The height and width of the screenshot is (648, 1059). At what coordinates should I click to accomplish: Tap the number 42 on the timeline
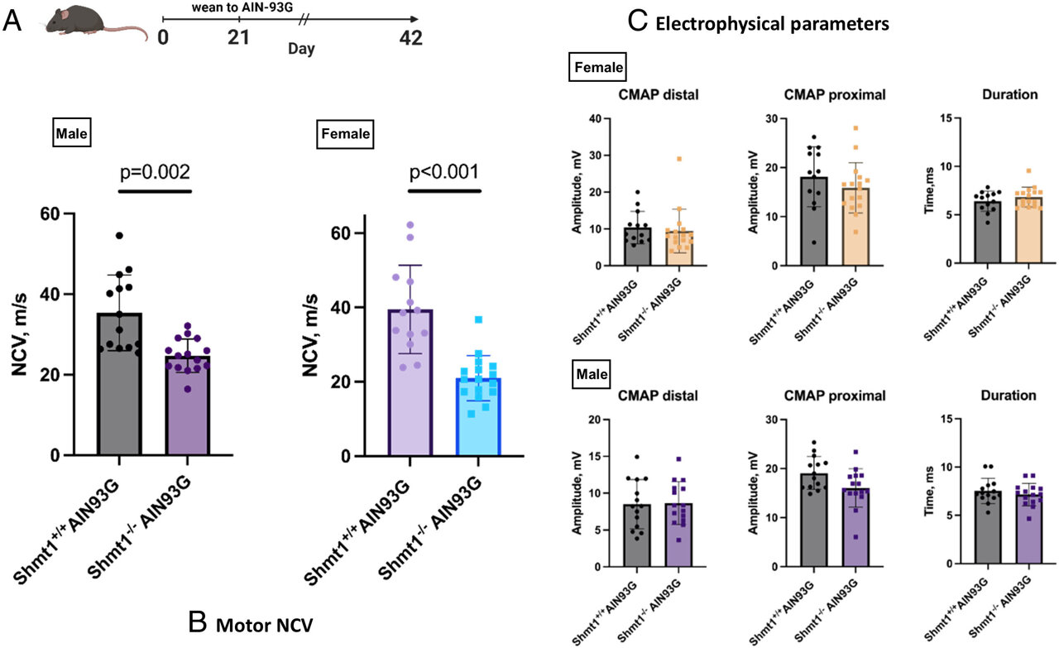point(410,38)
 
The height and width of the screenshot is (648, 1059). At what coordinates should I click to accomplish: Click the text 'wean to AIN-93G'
point(242,7)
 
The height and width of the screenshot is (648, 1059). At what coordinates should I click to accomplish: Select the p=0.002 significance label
point(155,171)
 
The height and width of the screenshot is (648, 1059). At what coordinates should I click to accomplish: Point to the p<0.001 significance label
point(444,171)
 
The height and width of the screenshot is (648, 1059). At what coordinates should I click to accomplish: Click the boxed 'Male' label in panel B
point(71,133)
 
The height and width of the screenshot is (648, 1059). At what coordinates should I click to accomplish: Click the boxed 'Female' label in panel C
point(597,67)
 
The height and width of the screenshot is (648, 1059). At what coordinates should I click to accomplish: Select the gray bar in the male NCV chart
point(119,384)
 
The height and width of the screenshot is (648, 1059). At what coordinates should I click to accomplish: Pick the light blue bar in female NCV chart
point(478,417)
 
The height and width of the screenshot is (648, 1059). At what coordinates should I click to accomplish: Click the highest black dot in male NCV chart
point(120,236)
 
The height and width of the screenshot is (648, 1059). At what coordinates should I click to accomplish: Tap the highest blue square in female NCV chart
point(478,319)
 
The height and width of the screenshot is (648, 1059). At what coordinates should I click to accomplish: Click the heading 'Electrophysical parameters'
point(772,24)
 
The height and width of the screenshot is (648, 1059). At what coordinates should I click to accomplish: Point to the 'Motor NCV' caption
point(264,626)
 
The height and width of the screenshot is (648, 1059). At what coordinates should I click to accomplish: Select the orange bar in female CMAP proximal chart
point(855,227)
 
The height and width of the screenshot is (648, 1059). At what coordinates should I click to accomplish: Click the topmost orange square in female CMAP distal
point(679,159)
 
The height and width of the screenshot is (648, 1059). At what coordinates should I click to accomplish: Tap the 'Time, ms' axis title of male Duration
point(929,491)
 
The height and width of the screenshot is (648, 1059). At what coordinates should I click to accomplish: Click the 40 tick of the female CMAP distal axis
point(595,118)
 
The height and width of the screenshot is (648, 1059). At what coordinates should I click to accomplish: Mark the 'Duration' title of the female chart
point(1010,94)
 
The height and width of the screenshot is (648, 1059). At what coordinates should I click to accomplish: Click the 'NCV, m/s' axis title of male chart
point(20,334)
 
